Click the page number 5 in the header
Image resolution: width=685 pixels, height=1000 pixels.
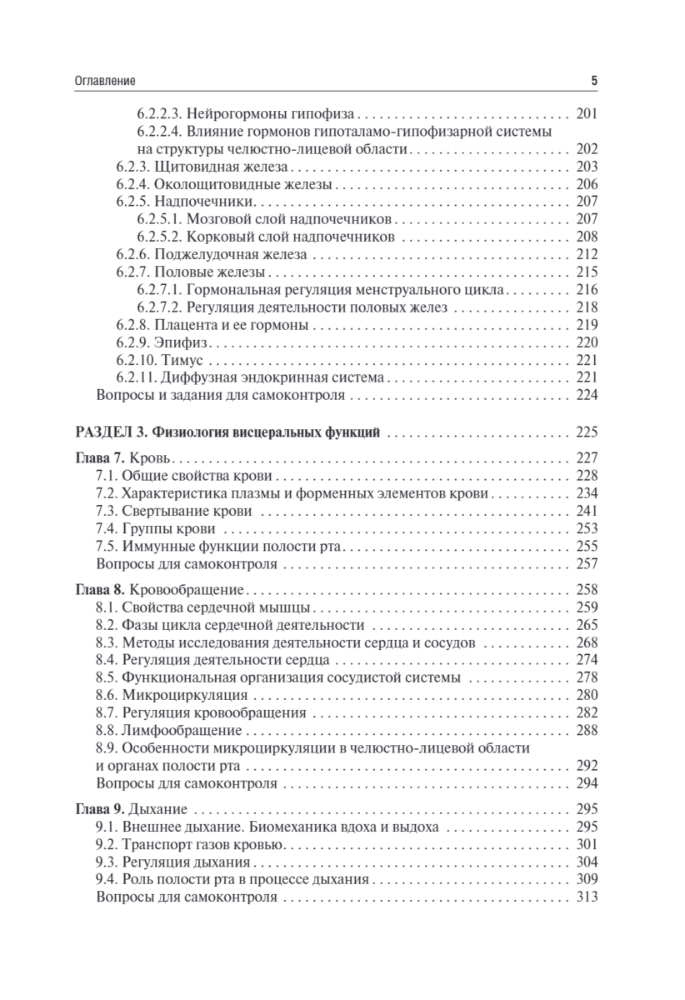[x=594, y=81]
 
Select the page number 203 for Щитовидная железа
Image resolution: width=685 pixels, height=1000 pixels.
[x=587, y=167]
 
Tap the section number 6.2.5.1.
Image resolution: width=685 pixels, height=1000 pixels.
[x=158, y=219]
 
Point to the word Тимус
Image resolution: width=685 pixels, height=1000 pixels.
[x=182, y=360]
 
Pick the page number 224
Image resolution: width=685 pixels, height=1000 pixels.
[x=587, y=395]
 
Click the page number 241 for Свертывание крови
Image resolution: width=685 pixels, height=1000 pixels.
[x=587, y=511]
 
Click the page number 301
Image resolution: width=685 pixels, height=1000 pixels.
[x=587, y=846]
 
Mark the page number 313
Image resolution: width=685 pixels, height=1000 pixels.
[x=587, y=898]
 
